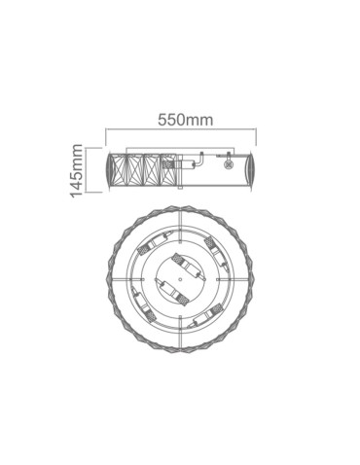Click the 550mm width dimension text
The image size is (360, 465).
pos(185,120)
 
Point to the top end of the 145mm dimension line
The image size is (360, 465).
pos(89,150)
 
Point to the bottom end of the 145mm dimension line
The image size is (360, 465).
pos(89,195)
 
